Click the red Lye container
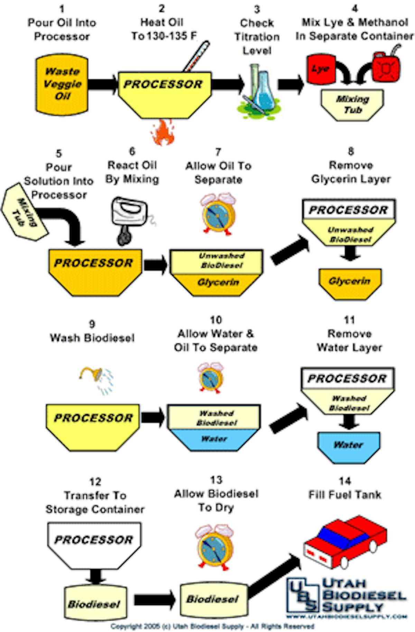click(x=320, y=69)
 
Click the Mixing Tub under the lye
click(x=352, y=104)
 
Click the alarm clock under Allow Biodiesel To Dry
click(x=215, y=547)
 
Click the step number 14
click(x=344, y=481)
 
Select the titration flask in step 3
click(x=264, y=91)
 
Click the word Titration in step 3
click(x=257, y=37)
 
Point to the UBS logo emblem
click(x=302, y=595)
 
